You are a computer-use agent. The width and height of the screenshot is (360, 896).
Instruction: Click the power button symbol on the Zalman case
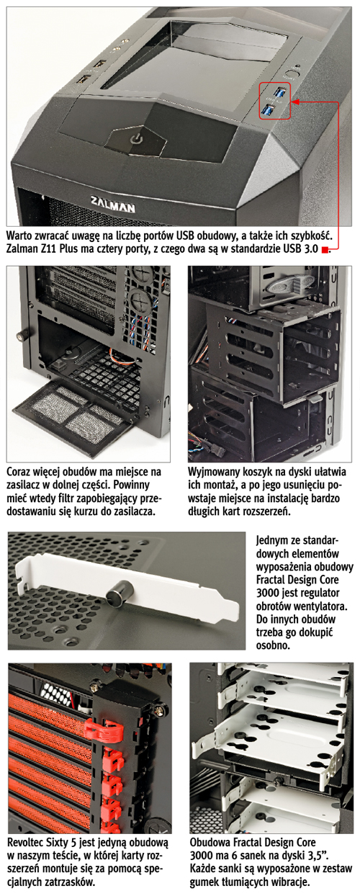pos(136,139)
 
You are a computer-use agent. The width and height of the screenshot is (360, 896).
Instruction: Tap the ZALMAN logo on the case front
pos(113,204)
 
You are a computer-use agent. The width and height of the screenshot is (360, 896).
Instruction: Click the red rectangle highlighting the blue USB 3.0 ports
pos(274,101)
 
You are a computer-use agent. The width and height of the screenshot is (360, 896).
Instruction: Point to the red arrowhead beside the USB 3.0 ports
pos(295,102)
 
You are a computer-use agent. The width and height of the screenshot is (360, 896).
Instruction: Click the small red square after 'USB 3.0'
pos(325,251)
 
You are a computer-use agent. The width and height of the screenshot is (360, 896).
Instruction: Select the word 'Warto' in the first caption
pos(20,234)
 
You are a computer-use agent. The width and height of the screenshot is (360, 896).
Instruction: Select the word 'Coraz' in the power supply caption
pos(19,472)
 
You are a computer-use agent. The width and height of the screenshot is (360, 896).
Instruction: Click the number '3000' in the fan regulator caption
pos(267,593)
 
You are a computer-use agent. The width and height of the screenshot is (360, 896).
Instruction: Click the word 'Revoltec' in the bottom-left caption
pos(27,843)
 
